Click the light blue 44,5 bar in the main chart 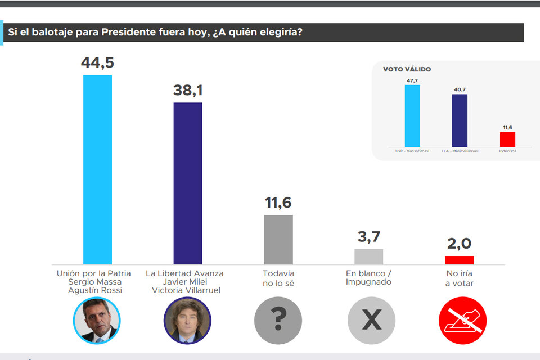(x=97, y=169)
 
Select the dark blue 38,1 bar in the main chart (x=187, y=183)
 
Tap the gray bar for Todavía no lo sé (x=278, y=239)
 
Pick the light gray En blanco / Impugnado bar (x=368, y=256)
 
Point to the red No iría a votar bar (x=459, y=260)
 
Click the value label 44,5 (x=97, y=62)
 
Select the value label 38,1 (x=187, y=91)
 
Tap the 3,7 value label (x=368, y=237)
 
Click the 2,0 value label (x=459, y=244)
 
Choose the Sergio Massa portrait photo (x=97, y=321)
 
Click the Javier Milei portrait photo (x=187, y=321)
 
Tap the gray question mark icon (x=278, y=321)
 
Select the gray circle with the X (x=371, y=321)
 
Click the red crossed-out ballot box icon (x=462, y=321)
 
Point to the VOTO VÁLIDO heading (x=407, y=69)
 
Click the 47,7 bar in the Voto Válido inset (x=412, y=115)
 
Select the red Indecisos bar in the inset (x=507, y=139)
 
